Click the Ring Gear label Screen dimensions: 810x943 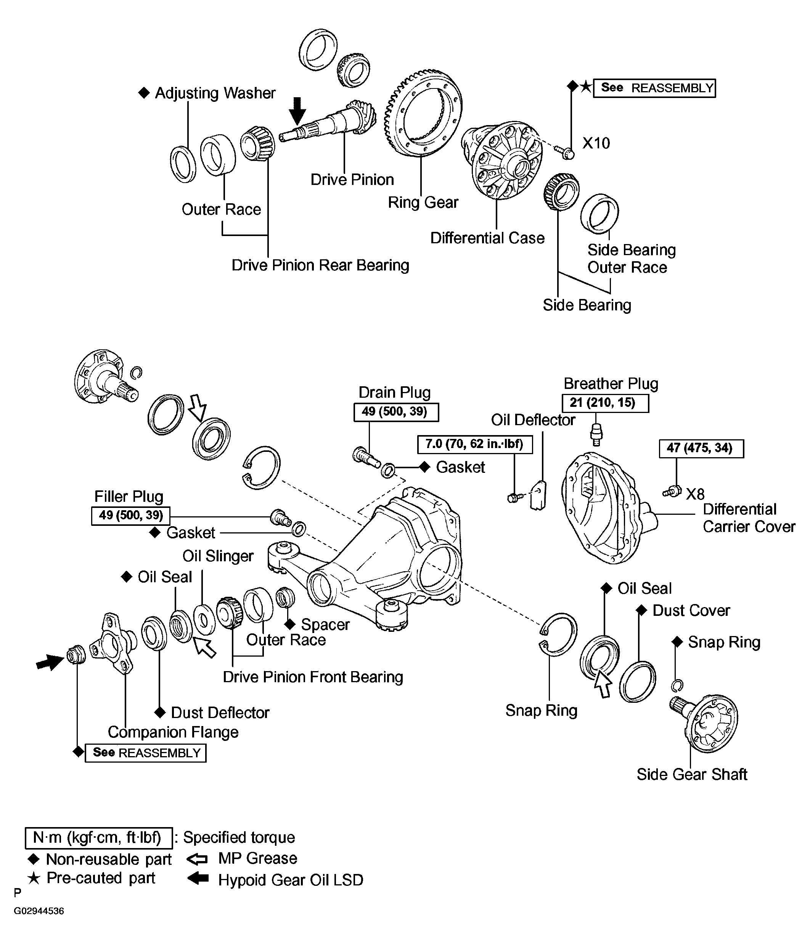(423, 202)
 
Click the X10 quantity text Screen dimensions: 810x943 (596, 143)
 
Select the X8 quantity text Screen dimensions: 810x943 (695, 494)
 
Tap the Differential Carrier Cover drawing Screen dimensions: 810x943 (610, 508)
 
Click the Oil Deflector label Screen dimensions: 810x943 (533, 420)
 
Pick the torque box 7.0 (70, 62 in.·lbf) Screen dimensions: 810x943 (475, 444)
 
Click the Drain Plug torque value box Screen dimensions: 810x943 (396, 412)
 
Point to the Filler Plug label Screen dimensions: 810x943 (129, 496)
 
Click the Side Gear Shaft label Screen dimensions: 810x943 (692, 774)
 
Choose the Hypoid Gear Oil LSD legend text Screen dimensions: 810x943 (291, 880)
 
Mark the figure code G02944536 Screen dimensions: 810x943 (39, 911)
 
